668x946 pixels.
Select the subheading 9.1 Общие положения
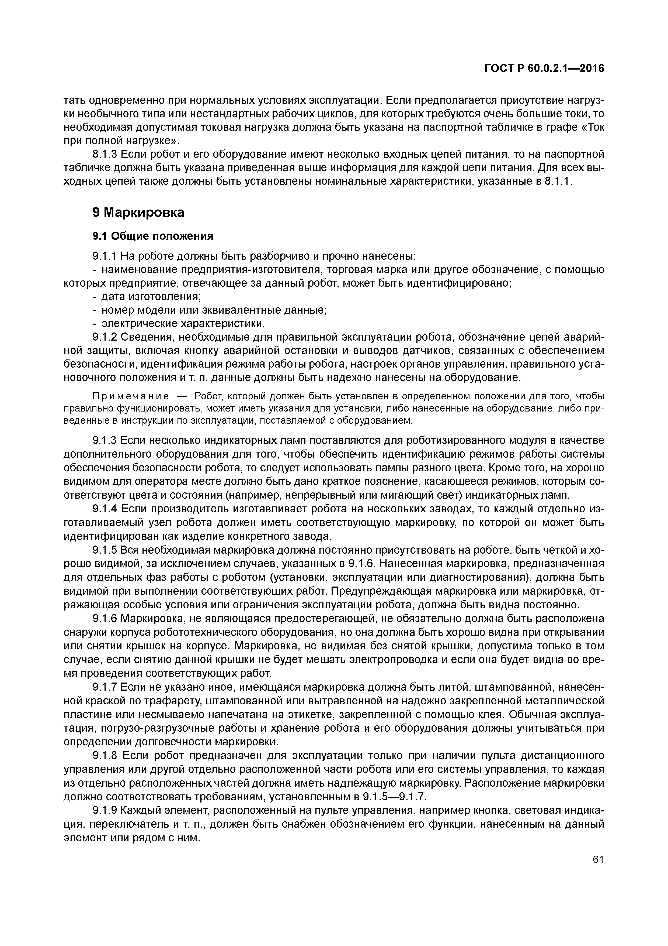(153, 236)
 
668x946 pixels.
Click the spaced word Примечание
(130, 396)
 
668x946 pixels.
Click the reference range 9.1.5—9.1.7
(394, 797)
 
